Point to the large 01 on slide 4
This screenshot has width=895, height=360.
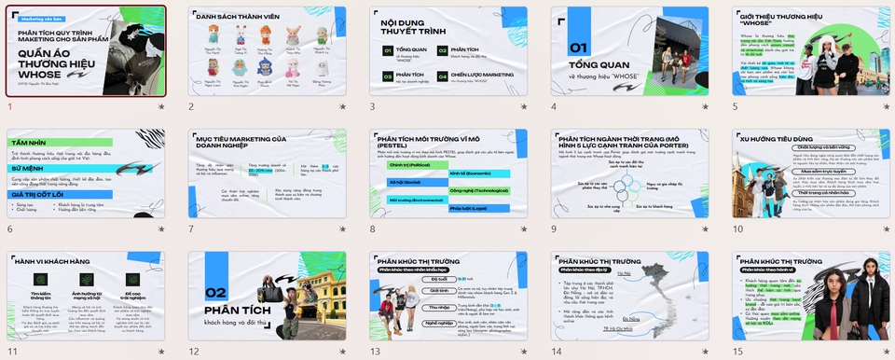[x=579, y=48]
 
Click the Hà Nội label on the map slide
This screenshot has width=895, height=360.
[x=624, y=274]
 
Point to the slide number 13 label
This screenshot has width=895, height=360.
[x=376, y=352]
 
